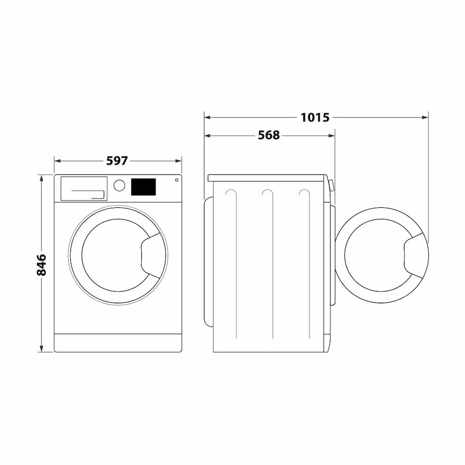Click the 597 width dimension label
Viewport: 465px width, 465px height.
(117, 160)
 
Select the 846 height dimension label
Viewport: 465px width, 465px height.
(42, 264)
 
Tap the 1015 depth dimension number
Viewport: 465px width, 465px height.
(315, 117)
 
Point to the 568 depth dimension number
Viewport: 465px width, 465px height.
(268, 136)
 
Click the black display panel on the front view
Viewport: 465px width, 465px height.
(143, 187)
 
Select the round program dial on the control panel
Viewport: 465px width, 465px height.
(119, 186)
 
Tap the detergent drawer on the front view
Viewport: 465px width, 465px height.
(83, 188)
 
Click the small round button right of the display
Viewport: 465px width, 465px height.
(176, 181)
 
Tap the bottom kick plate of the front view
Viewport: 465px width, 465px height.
(118, 342)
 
